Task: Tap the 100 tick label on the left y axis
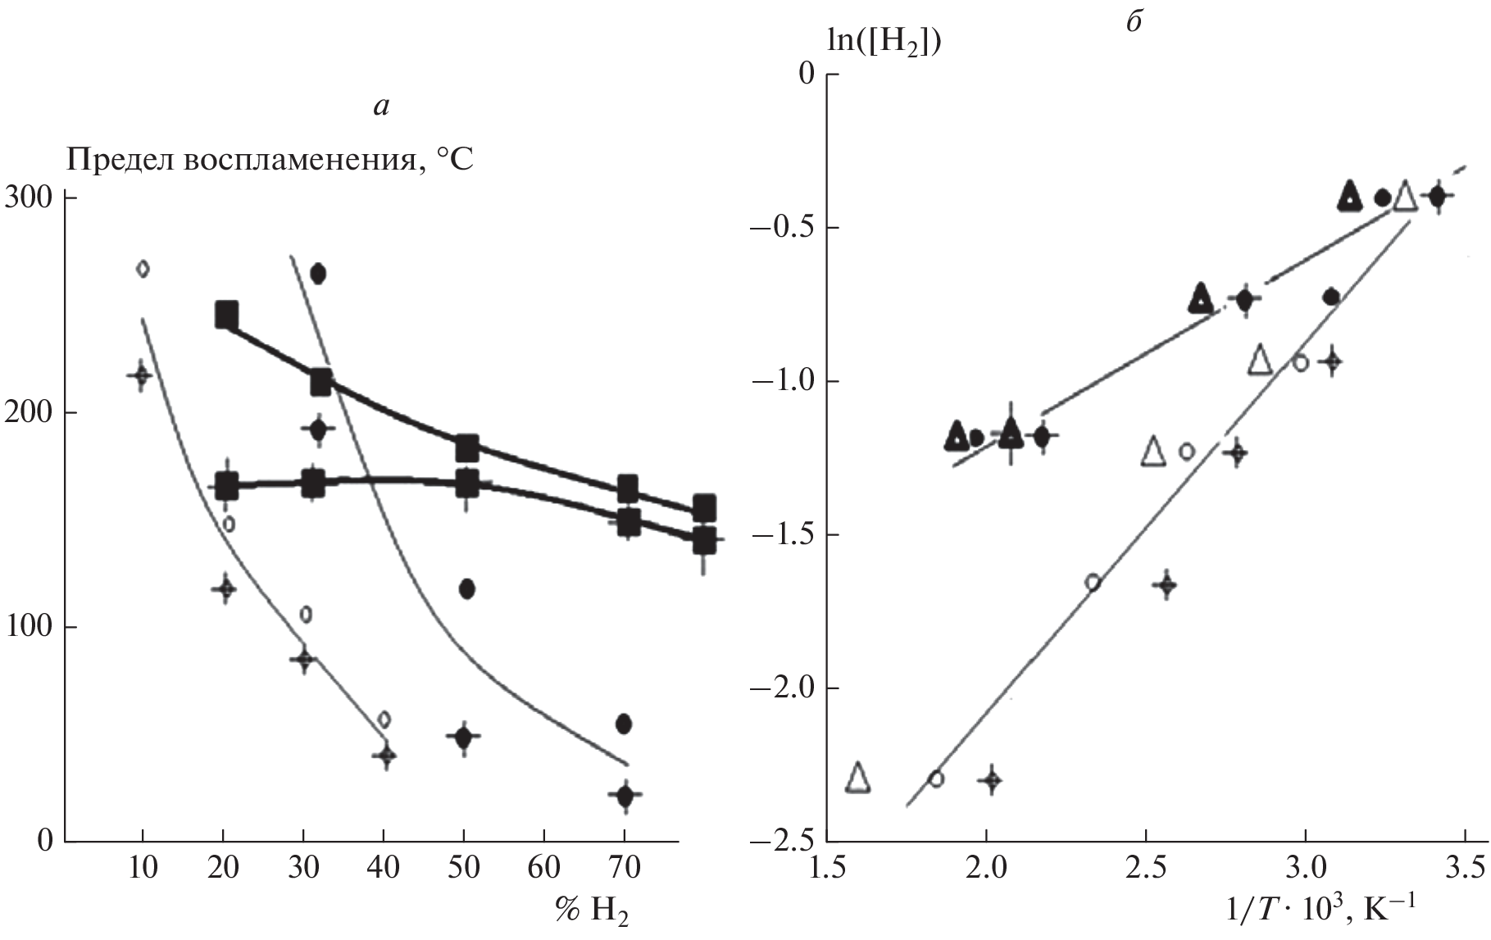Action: click(x=29, y=627)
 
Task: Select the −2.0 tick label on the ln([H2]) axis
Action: click(x=786, y=688)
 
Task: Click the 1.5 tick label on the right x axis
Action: click(x=827, y=867)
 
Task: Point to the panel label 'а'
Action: click(x=380, y=105)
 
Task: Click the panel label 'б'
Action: click(x=1134, y=21)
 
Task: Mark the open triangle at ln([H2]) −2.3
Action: click(x=857, y=777)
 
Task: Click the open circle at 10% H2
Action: click(x=143, y=269)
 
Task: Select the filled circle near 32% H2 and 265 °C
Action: click(x=318, y=274)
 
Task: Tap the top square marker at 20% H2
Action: click(x=226, y=314)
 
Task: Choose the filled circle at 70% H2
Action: click(x=624, y=723)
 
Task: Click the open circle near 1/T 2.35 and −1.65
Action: click(x=1093, y=582)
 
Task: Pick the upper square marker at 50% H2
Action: click(x=466, y=448)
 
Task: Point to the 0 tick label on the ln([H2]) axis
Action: click(x=807, y=75)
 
